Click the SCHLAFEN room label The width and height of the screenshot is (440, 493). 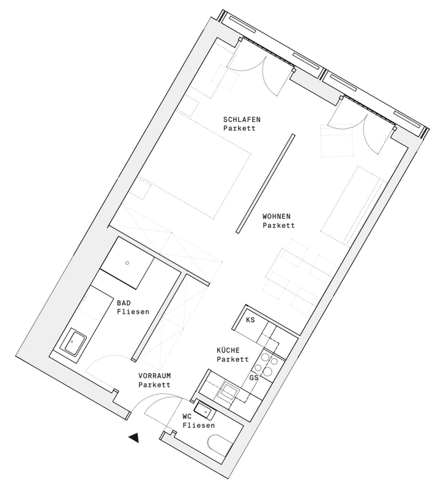coord(242,120)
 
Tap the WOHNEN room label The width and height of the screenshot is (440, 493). coord(277,216)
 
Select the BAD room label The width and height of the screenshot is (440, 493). coord(124,303)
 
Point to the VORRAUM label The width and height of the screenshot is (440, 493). coord(155,376)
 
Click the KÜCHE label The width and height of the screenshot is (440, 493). coord(228,350)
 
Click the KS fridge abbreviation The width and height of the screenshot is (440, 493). coord(250,320)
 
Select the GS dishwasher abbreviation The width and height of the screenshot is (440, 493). coord(254,378)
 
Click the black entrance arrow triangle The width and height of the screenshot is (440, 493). coord(134,438)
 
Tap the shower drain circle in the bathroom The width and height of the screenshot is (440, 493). coord(127,263)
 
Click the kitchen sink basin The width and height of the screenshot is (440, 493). coord(229,391)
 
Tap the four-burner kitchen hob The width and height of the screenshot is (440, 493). coord(267,364)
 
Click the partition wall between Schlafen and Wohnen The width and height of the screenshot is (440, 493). coord(266,184)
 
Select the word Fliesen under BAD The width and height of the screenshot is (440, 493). coord(133,312)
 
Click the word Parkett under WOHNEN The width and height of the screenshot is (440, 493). coord(279,225)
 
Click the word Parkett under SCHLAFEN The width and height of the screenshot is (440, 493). coord(239,128)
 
